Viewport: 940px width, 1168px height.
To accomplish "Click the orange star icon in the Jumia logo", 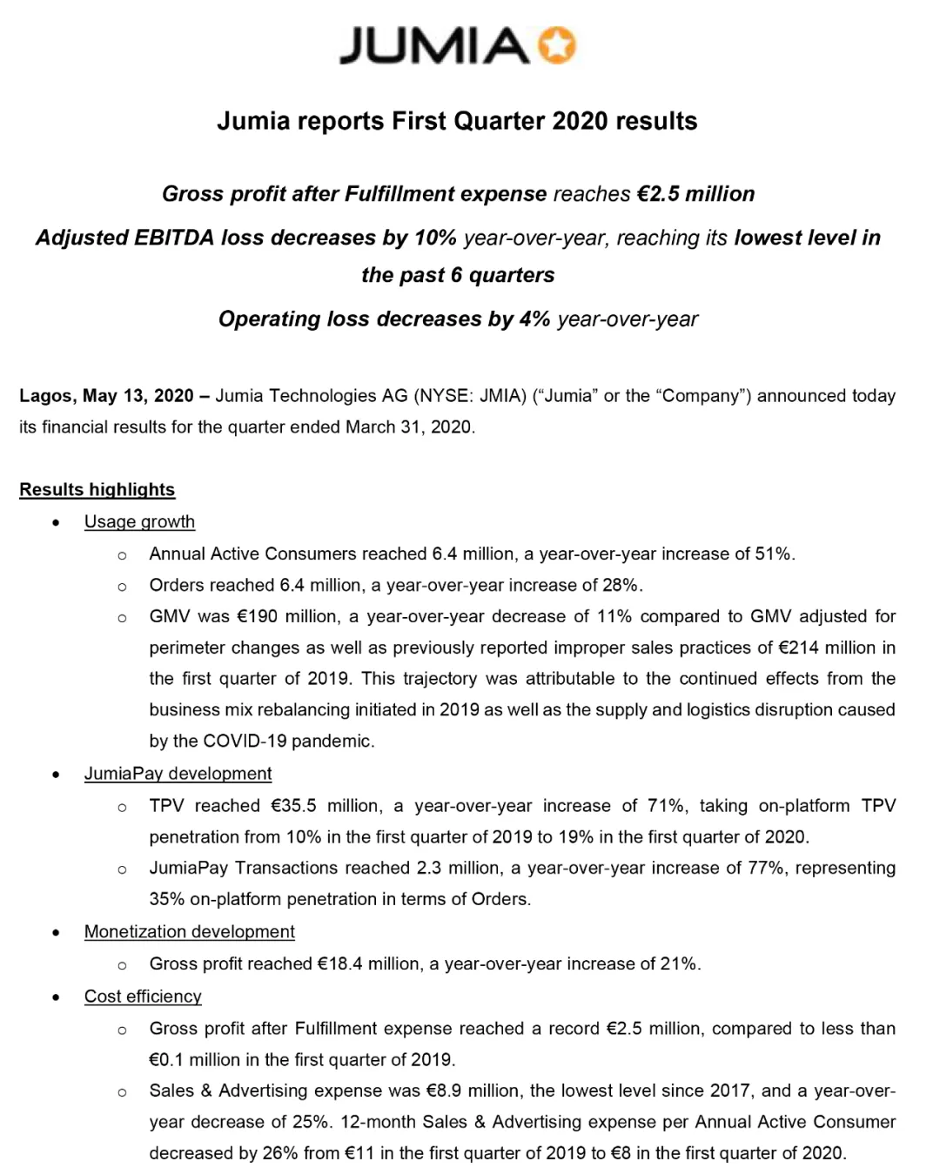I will pyautogui.click(x=557, y=45).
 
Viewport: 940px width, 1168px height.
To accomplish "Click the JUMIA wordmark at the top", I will pyautogui.click(x=433, y=46).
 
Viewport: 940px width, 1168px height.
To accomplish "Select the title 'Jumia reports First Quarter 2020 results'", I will pyautogui.click(x=457, y=121).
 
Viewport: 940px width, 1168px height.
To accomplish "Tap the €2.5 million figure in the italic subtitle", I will pyautogui.click(x=695, y=194).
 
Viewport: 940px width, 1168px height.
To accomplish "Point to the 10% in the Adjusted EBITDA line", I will pyautogui.click(x=435, y=238).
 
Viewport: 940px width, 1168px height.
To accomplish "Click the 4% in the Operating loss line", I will pyautogui.click(x=534, y=319).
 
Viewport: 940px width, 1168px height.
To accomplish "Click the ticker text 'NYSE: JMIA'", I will pyautogui.click(x=470, y=396).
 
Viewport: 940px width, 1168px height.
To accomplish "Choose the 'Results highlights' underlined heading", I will pyautogui.click(x=97, y=490).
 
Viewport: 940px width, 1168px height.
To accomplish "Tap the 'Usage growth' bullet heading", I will pyautogui.click(x=139, y=522).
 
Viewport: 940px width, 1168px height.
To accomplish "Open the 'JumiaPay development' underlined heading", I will pyautogui.click(x=178, y=774).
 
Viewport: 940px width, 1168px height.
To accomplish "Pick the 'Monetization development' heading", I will pyautogui.click(x=189, y=932).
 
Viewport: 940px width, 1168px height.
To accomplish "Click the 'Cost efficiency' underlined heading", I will pyautogui.click(x=143, y=997).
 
